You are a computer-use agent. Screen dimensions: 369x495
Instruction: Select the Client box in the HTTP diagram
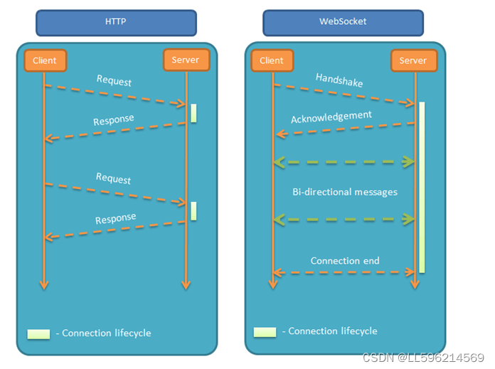[45, 60]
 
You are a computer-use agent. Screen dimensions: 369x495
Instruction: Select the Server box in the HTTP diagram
[186, 60]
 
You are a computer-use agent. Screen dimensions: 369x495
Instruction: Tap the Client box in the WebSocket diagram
[271, 60]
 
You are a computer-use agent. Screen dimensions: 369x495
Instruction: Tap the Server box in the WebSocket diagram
[412, 60]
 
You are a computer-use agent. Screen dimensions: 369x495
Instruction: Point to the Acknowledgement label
[331, 116]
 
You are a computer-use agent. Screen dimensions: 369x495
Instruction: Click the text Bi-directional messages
[345, 192]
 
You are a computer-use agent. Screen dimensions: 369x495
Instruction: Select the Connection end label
[345, 261]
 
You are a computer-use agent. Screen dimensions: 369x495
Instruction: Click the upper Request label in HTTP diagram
[114, 81]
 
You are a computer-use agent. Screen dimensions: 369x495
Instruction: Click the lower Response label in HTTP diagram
[115, 218]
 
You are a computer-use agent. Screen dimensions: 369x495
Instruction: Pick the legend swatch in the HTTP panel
[38, 333]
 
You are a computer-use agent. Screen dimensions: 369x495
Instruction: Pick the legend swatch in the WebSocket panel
[265, 331]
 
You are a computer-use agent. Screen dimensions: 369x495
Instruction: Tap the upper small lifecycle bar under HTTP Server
[193, 112]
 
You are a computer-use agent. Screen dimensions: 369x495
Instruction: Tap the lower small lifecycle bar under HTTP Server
[193, 210]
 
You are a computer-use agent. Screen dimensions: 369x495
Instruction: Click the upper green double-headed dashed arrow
[344, 162]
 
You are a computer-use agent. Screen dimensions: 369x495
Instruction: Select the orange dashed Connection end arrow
[344, 272]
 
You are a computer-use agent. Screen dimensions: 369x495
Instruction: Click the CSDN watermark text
[423, 358]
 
